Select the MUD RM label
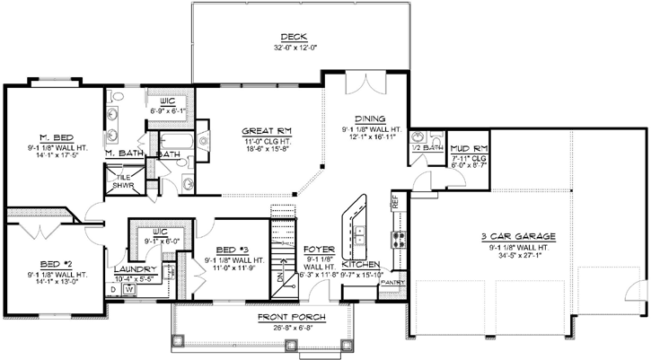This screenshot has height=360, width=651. click(x=468, y=146)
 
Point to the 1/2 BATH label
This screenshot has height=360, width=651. click(x=426, y=147)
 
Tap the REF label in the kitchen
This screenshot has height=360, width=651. click(x=393, y=203)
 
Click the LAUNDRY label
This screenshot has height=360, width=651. click(x=135, y=269)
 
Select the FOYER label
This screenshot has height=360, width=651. click(x=319, y=249)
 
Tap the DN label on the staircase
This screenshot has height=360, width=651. click(x=278, y=279)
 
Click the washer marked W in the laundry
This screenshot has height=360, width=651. click(x=128, y=289)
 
